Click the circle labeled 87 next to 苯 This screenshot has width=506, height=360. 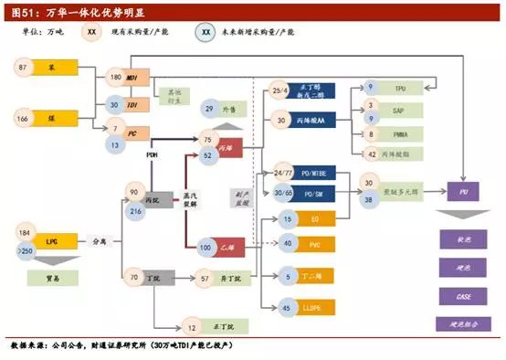coord(24,67)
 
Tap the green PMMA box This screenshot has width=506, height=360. coord(399,134)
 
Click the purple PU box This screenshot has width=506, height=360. coord(464,192)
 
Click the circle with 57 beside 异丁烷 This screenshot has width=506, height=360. coord(206,277)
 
